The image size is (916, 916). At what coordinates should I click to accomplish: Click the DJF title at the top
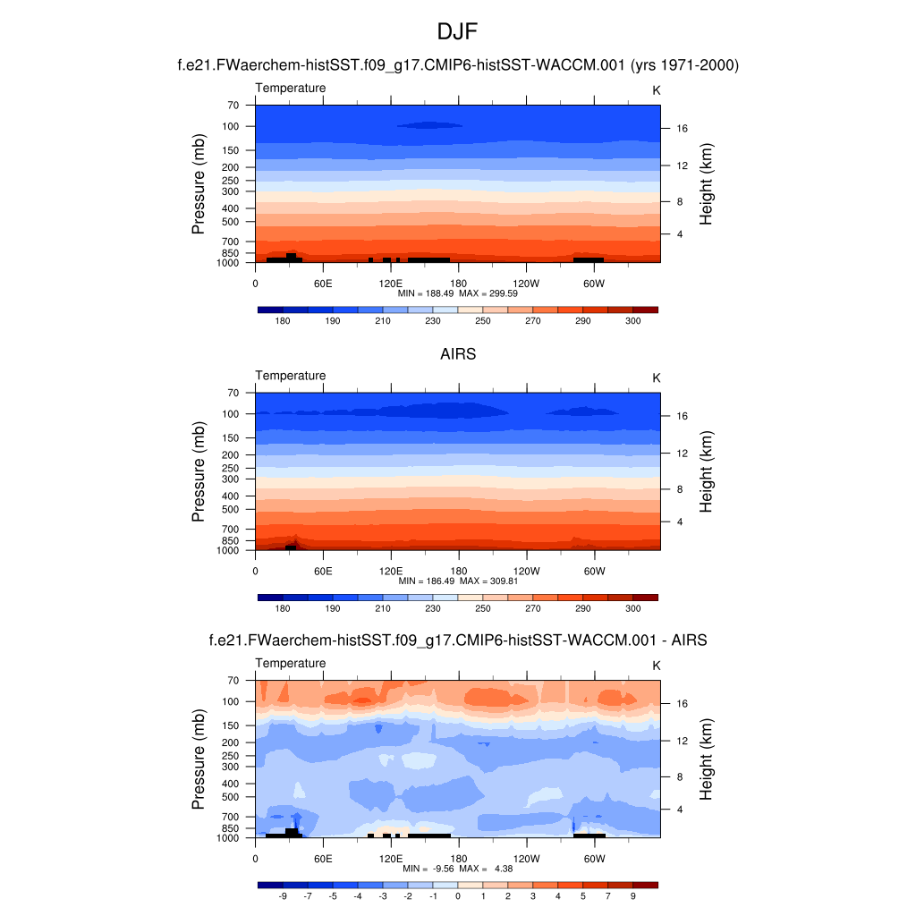[x=458, y=33]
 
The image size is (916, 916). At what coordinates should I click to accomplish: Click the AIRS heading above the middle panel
[x=458, y=354]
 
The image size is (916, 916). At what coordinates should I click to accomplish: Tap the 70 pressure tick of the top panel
[x=233, y=106]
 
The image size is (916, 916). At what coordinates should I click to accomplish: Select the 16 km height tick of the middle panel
[x=681, y=416]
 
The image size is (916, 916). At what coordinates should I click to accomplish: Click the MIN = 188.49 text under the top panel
[x=428, y=293]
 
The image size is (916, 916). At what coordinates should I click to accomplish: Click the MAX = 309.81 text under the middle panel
[x=489, y=581]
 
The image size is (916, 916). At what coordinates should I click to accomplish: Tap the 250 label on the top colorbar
[x=483, y=320]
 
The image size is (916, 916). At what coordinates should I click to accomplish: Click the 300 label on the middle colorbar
[x=632, y=608]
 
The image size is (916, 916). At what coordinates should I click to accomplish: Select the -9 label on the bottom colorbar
[x=283, y=895]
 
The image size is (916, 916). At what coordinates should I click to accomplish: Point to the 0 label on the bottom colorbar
[x=458, y=895]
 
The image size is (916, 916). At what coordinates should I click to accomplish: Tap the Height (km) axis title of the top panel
[x=707, y=184]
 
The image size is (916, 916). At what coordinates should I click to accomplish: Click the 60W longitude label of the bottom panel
[x=594, y=858]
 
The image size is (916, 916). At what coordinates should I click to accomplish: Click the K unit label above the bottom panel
[x=656, y=666]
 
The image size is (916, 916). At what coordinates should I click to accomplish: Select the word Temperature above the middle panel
[x=291, y=376]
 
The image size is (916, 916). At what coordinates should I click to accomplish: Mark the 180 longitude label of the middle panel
[x=458, y=571]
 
